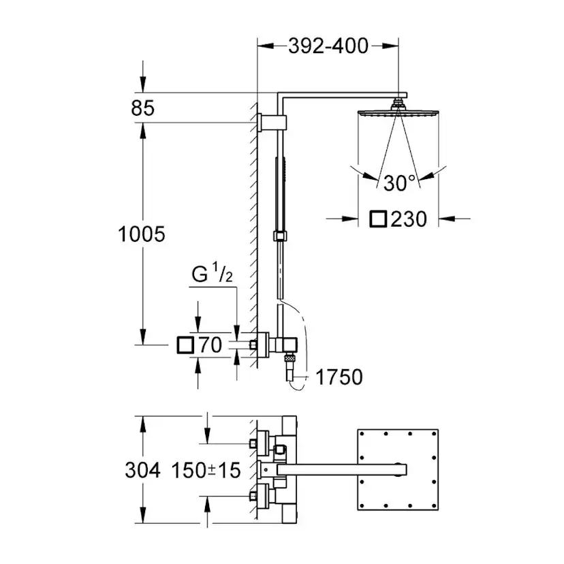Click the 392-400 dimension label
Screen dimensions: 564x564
(x=328, y=46)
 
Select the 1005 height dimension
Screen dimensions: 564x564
(x=142, y=234)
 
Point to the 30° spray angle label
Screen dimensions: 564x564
(x=398, y=183)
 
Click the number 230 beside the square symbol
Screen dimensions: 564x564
(x=409, y=219)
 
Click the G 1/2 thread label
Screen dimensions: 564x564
(x=212, y=276)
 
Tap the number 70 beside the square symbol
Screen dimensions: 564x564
(x=210, y=345)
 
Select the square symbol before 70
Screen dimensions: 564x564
(x=184, y=345)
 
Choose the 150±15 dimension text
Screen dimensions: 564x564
(x=206, y=470)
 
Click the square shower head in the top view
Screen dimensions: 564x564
(x=396, y=469)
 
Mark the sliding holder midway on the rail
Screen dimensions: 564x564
(x=279, y=236)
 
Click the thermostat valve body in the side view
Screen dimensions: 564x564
(x=279, y=344)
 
